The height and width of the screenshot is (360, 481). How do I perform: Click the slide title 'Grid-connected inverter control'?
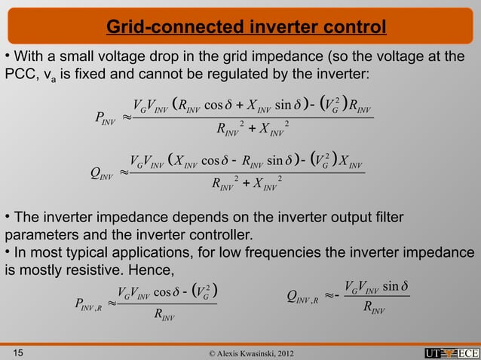click(x=246, y=29)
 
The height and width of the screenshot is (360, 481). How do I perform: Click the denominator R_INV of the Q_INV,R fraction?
click(x=375, y=307)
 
